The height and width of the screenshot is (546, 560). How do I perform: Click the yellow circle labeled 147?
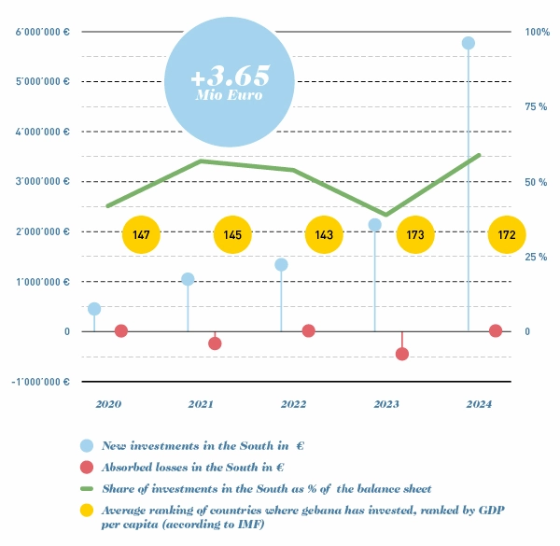click(142, 235)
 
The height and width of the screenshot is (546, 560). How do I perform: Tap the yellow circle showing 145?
click(232, 235)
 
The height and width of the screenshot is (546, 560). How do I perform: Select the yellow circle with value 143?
click(325, 235)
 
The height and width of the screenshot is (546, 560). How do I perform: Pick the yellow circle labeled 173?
click(415, 235)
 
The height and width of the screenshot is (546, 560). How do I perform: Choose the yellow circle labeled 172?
click(507, 235)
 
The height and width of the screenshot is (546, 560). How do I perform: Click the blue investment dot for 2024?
click(469, 43)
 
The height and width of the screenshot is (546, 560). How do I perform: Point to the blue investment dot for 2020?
click(94, 309)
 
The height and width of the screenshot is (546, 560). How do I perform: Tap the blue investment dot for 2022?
click(281, 265)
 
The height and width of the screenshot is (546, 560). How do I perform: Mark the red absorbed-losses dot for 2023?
click(402, 354)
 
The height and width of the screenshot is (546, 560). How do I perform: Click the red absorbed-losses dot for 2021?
click(215, 343)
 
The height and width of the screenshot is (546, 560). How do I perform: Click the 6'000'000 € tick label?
click(43, 33)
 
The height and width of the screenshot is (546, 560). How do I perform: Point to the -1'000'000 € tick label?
click(42, 382)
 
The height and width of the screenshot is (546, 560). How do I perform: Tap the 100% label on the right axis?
click(539, 33)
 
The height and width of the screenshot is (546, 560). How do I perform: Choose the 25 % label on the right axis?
click(537, 257)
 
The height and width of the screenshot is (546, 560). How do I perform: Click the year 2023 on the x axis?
click(386, 404)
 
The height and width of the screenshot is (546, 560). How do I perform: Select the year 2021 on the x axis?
click(201, 404)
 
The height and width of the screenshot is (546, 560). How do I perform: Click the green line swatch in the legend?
click(87, 488)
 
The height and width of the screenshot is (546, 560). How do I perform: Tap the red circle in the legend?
click(87, 468)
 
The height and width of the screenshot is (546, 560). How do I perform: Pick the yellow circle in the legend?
click(87, 511)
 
